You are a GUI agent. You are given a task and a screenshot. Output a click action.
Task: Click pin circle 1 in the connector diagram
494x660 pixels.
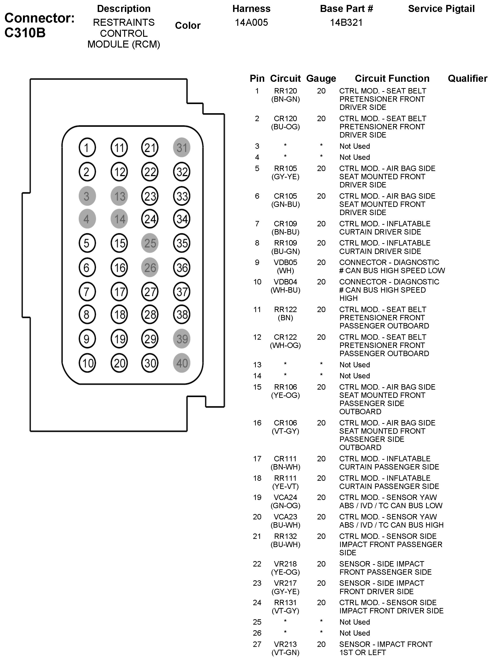(87, 147)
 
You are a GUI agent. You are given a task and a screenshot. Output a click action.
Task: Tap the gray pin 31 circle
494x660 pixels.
(182, 147)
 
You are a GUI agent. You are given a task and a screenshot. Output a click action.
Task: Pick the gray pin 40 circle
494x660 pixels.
(182, 363)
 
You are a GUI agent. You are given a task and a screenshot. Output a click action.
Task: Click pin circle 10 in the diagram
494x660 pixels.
(87, 363)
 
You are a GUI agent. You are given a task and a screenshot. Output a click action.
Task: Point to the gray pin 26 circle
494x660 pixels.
(150, 268)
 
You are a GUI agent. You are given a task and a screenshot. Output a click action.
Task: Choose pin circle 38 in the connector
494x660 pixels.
(182, 314)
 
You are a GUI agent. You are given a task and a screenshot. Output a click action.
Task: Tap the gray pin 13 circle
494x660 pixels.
(119, 196)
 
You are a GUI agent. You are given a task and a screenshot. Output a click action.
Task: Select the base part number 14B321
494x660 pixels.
(346, 22)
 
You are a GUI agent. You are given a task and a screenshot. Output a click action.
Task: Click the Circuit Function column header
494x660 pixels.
(392, 78)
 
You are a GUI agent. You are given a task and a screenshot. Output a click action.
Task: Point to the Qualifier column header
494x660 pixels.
(468, 78)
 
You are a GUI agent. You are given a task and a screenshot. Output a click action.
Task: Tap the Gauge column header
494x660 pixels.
(321, 78)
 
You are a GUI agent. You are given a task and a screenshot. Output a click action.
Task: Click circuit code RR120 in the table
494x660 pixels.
(286, 91)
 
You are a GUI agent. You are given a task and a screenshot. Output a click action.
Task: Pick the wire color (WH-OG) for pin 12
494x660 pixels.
(286, 346)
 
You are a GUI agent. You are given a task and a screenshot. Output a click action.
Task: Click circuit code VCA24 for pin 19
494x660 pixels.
(286, 497)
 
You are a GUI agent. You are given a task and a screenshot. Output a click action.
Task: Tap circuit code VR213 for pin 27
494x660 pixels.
(286, 644)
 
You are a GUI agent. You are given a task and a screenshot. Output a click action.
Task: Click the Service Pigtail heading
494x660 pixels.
(441, 9)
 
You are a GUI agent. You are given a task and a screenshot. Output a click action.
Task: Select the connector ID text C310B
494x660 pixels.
(25, 33)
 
